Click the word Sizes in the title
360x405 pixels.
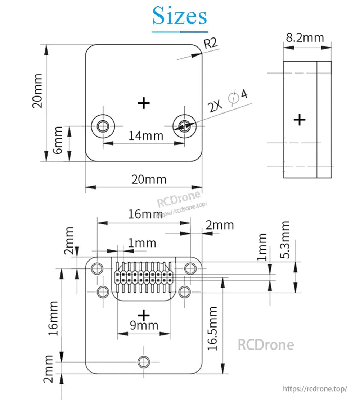coord(180,16)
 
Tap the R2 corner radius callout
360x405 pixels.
coord(211,44)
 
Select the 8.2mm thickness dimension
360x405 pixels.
coord(305,37)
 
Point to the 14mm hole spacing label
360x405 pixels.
coord(146,135)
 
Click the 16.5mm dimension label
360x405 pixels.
coord(213,328)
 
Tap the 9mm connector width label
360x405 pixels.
coord(144,325)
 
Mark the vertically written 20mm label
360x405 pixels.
coord(37,91)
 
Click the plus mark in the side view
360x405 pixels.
coord(300,119)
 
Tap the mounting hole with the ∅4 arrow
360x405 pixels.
coord(184,126)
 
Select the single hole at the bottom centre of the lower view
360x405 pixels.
coord(144,361)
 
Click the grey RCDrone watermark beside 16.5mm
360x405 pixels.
coord(265,345)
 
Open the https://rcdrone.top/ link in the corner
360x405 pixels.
coord(315,389)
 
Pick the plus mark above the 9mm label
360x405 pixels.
coord(144,315)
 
